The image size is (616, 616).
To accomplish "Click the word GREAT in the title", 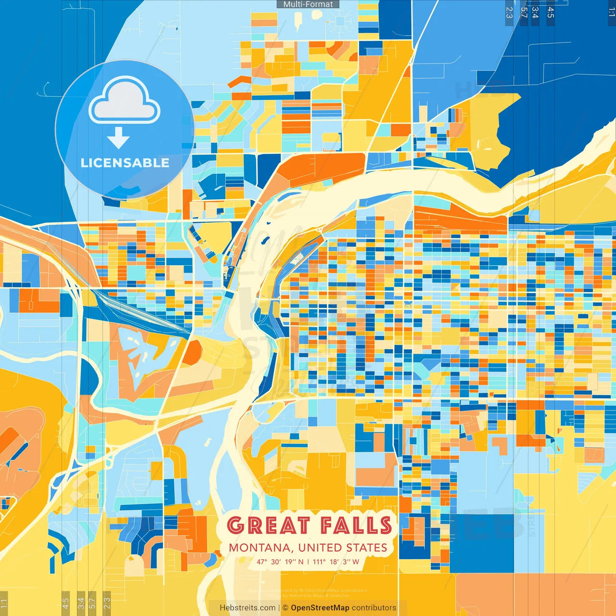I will [268, 526].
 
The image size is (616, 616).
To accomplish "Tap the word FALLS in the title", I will [356, 526].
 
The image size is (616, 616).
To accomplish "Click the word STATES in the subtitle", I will [367, 548].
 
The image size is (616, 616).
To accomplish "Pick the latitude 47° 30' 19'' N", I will [280, 562].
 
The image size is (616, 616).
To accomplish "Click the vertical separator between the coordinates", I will [308, 562].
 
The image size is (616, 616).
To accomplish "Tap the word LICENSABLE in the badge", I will [125, 163].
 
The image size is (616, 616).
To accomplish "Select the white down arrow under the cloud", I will [118, 138].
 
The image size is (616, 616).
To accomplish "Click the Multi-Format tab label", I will [308, 4].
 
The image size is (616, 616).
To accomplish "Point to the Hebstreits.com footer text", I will [247, 608].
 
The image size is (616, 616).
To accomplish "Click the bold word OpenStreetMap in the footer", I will [320, 608].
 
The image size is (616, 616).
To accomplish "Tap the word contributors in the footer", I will [374, 608].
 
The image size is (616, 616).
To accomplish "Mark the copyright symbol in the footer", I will [285, 608].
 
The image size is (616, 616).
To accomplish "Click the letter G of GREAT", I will [235, 526].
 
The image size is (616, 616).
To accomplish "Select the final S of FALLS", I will [385, 526].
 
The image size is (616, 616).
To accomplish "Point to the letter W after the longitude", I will [356, 562].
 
